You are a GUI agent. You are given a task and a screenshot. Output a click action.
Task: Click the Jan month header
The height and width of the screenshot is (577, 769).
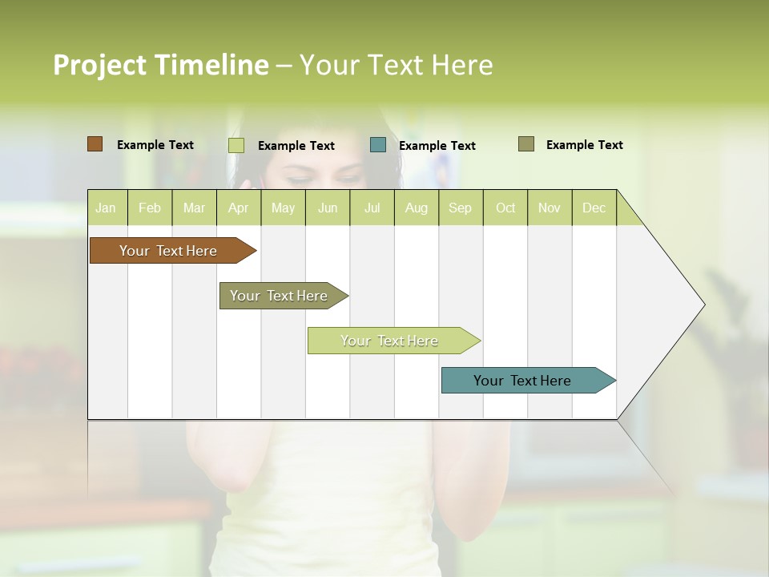107,208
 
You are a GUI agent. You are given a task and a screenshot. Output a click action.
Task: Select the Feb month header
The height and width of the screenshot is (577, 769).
150,208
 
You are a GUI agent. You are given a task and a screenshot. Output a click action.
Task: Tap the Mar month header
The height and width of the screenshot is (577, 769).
194,208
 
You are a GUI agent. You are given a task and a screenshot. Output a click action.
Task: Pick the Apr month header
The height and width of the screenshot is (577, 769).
238,208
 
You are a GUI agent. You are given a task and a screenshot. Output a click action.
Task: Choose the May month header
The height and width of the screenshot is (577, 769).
283,208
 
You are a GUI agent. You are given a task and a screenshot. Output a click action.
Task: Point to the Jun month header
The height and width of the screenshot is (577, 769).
328,208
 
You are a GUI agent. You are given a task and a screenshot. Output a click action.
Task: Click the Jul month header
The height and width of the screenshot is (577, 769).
372,208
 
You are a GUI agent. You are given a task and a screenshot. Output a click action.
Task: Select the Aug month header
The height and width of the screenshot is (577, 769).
416,208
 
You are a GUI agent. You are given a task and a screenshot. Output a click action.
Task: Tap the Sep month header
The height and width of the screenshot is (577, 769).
460,208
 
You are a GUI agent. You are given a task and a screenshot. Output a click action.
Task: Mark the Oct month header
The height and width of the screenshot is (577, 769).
505,208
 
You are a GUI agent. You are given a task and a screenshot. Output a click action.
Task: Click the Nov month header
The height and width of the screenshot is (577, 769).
549,208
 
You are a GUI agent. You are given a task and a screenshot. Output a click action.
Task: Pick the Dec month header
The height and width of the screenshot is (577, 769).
594,208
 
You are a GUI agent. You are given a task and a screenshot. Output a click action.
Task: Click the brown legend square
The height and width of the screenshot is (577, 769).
95,144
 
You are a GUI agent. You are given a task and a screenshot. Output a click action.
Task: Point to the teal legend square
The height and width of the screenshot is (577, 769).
378,145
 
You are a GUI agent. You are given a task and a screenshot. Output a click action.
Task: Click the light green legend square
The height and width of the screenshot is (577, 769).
236,145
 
